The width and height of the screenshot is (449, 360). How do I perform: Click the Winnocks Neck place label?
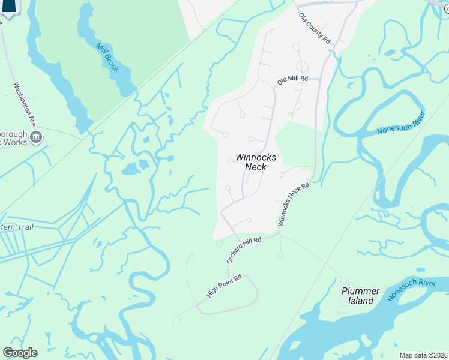pyautogui.click(x=251, y=161)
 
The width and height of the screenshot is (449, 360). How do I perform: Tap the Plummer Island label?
pyautogui.click(x=360, y=296)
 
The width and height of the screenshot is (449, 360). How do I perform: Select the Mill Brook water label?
pyautogui.click(x=107, y=58)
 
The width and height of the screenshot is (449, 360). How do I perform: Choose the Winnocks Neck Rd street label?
pyautogui.click(x=294, y=204)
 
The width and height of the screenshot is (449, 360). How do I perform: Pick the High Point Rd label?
pyautogui.click(x=224, y=286)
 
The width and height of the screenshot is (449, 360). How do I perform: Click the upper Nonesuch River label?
pyautogui.click(x=401, y=123)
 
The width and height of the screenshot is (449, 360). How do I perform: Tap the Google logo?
pyautogui.click(x=19, y=353)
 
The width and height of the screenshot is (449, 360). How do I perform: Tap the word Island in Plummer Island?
pyautogui.click(x=361, y=301)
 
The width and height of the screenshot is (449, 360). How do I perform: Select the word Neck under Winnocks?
pyautogui.click(x=255, y=167)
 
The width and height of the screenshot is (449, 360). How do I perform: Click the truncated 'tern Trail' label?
pyautogui.click(x=17, y=227)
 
